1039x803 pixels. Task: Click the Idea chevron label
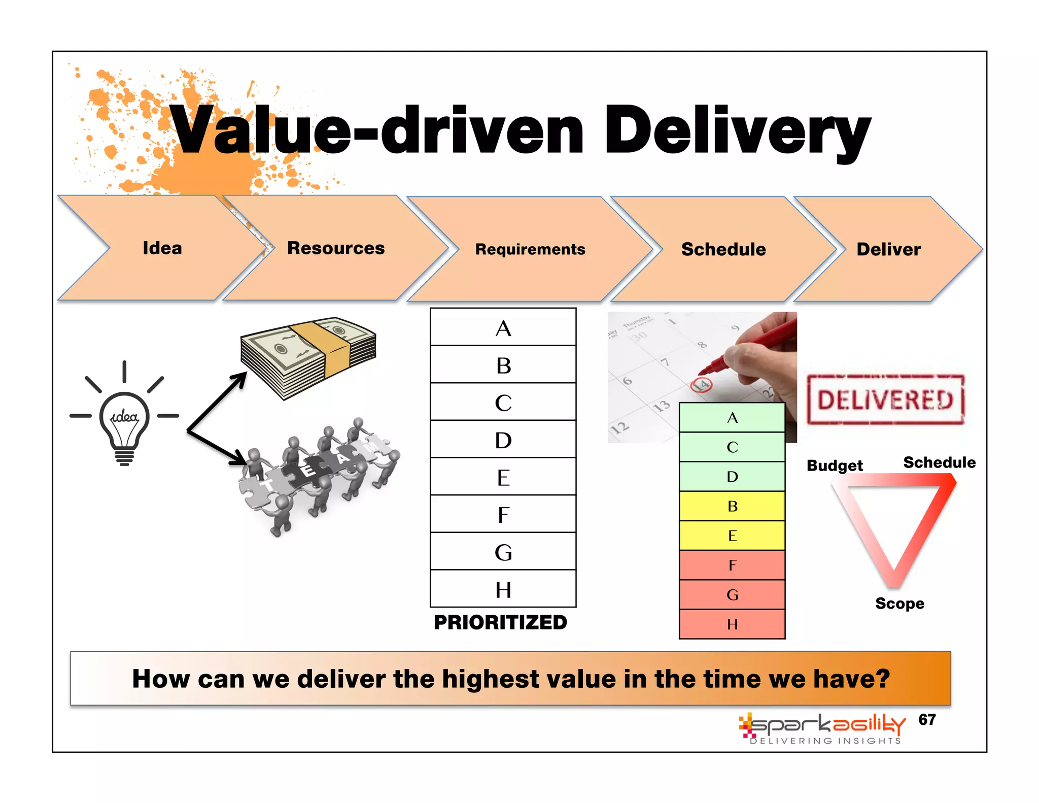click(162, 248)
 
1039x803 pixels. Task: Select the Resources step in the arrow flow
click(336, 248)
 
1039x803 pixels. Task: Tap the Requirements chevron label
click(530, 249)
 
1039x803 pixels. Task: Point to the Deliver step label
click(888, 249)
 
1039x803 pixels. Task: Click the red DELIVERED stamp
click(885, 399)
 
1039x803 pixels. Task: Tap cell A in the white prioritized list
click(503, 328)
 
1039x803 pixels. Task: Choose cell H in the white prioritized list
click(503, 589)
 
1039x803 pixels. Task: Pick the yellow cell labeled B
click(732, 506)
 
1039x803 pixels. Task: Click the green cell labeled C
click(732, 447)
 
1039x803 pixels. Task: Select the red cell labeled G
click(732, 594)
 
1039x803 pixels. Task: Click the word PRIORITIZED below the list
click(500, 622)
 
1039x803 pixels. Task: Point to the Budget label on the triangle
click(835, 465)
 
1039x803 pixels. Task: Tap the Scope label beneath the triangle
click(899, 604)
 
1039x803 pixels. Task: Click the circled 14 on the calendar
click(702, 385)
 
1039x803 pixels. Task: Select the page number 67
click(927, 719)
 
